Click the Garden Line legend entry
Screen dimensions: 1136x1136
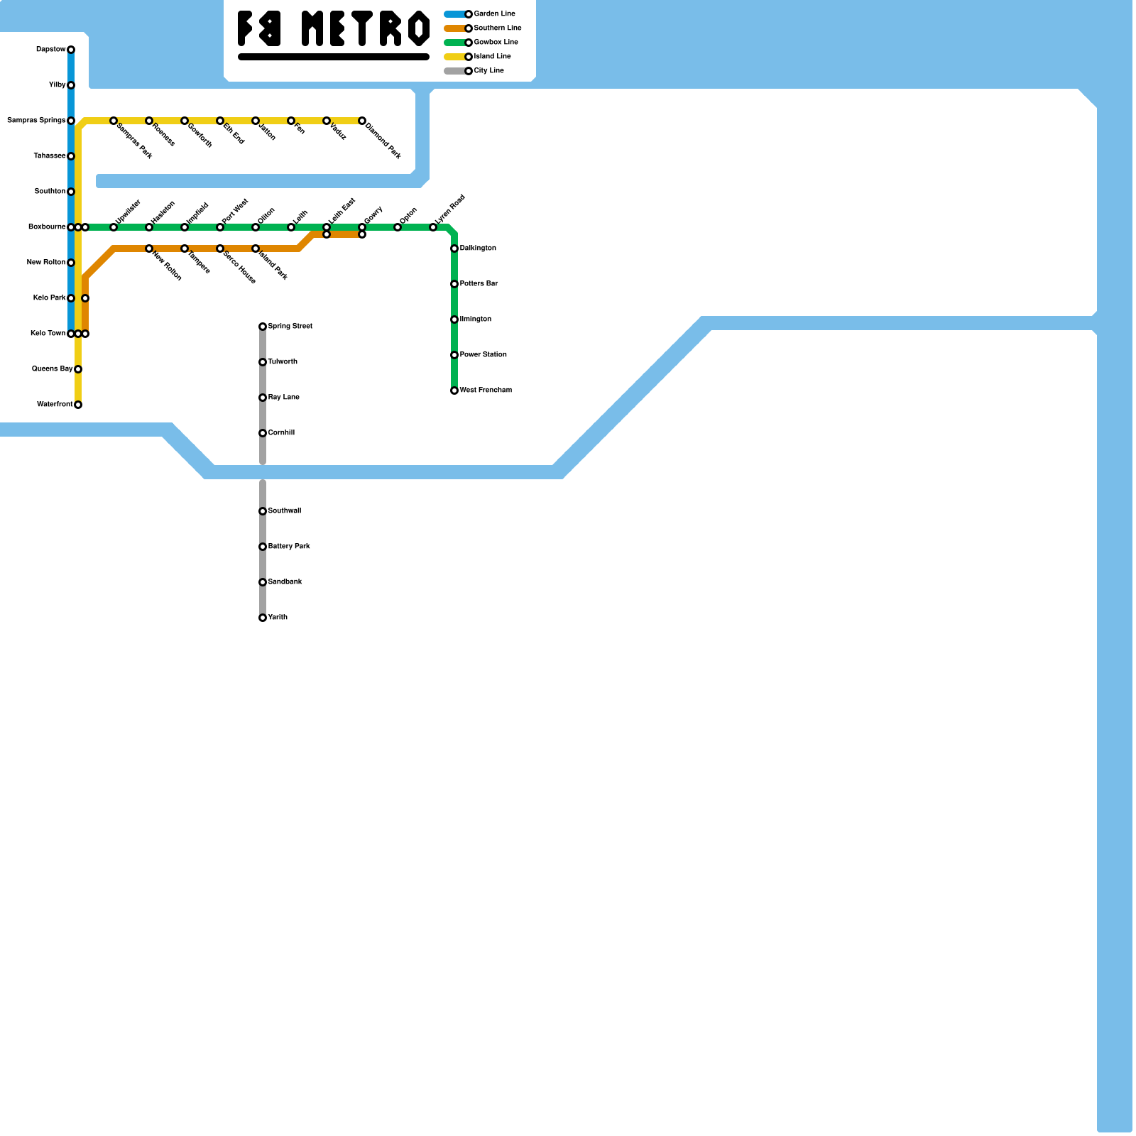coord(494,14)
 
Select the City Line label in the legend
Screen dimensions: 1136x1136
coord(488,71)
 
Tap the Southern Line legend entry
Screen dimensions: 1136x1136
coord(497,28)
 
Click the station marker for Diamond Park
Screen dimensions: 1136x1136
coord(362,121)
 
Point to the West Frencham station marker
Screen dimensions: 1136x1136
coord(454,390)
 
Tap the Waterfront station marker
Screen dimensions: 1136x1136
coord(78,405)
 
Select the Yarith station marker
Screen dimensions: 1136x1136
coord(263,618)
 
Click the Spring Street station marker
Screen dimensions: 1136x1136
coord(263,327)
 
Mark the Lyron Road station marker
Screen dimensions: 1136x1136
coord(433,227)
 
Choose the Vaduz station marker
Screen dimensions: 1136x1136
coord(327,121)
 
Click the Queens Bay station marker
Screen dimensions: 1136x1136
coord(78,369)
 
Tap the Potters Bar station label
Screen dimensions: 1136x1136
coord(479,284)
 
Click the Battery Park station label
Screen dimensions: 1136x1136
coord(288,547)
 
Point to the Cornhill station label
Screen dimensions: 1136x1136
coord(281,433)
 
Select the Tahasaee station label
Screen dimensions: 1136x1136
coord(50,156)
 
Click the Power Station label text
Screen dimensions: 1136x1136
coord(483,355)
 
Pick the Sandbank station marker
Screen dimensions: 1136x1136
coord(263,582)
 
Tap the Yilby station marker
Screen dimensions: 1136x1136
coord(71,85)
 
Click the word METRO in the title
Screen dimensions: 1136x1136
coord(366,29)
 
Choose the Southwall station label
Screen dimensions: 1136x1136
coord(284,511)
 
